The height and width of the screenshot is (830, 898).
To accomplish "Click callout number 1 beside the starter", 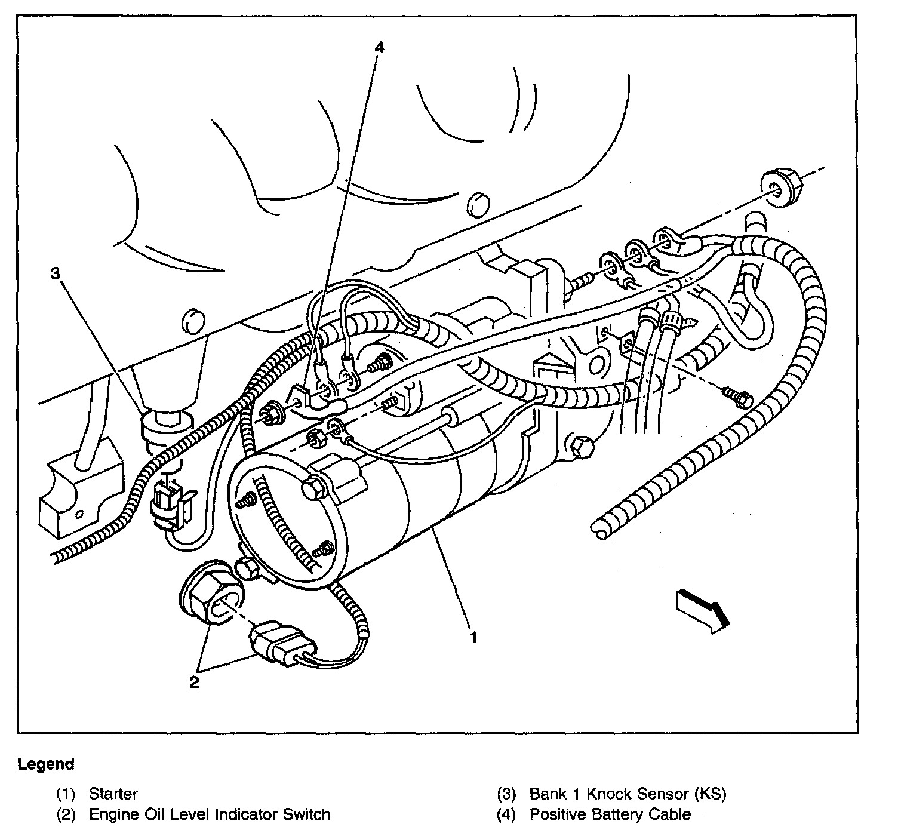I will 473,638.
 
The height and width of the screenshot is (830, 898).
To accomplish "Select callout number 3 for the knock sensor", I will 55,273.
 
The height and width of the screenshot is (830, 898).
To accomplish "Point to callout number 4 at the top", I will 379,47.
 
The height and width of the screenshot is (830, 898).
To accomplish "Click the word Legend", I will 46,764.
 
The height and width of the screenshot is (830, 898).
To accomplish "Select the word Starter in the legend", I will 113,794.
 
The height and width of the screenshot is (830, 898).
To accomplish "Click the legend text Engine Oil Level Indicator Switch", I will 209,814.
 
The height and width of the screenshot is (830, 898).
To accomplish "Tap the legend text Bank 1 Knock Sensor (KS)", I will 628,794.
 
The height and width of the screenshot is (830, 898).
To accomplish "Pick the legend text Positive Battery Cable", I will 610,814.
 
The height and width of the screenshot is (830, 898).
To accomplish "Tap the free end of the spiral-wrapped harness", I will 599,526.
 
